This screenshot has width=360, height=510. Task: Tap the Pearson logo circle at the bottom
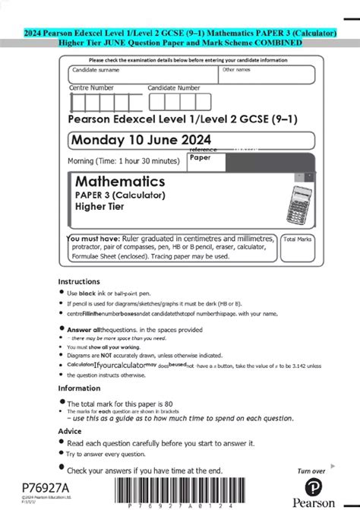[x=315, y=487]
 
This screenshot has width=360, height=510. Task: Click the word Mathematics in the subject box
[x=120, y=182]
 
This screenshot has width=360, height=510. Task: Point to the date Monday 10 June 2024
[x=141, y=139]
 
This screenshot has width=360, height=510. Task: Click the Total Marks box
[x=298, y=248]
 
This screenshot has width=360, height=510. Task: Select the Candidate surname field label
[x=96, y=69]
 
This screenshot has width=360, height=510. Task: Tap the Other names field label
[x=237, y=69]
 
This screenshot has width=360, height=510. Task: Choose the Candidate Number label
[x=174, y=88]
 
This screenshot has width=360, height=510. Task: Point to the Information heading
[x=80, y=388]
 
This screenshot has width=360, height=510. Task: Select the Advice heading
[x=71, y=431]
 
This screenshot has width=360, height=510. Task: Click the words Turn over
[x=311, y=471]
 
